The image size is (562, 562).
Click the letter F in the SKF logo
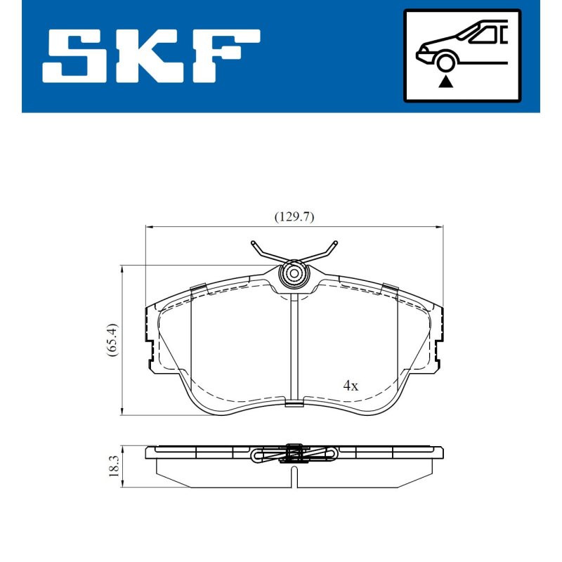(x=226, y=56)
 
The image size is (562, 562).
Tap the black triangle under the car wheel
(x=445, y=82)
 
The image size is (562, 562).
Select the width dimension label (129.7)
(x=294, y=217)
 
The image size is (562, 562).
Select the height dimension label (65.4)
(x=112, y=340)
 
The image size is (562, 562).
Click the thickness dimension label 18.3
(x=114, y=466)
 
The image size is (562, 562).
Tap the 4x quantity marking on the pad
(x=351, y=386)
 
